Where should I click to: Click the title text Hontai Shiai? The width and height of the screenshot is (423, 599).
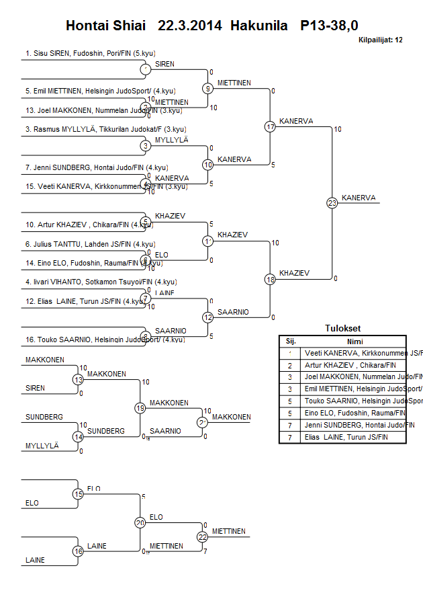point(105,26)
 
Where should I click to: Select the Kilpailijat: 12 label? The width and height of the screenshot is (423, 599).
point(381,40)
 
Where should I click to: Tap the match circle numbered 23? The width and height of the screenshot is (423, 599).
point(332,202)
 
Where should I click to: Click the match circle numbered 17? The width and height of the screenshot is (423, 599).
point(270,126)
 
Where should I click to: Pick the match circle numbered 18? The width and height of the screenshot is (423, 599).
point(270,279)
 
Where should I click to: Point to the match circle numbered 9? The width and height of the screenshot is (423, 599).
point(208,88)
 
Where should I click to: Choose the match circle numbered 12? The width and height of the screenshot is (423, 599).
point(208,317)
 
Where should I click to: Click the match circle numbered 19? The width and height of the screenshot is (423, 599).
point(140,407)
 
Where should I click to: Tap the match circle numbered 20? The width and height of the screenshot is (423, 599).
point(140,522)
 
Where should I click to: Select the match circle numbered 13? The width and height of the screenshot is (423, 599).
point(78,380)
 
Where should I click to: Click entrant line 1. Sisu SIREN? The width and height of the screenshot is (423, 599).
point(83,52)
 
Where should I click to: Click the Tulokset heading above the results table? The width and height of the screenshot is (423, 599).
point(342,329)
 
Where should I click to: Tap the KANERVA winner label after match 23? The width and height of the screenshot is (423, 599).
point(359,198)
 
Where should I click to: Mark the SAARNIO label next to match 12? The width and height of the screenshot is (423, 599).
point(233,312)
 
